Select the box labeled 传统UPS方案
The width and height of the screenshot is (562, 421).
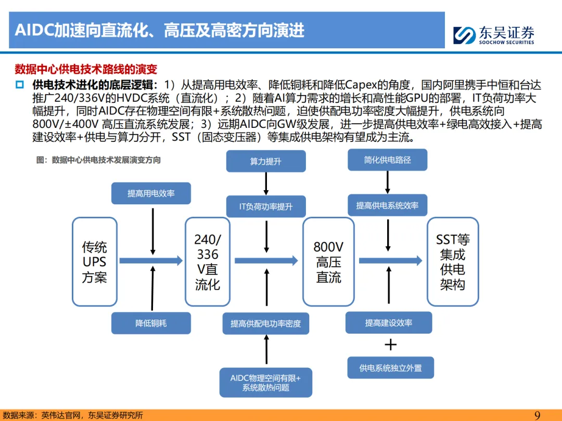tap(94, 261)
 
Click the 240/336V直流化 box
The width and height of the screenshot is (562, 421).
tap(207, 261)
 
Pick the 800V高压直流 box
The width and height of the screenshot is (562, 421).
tap(328, 261)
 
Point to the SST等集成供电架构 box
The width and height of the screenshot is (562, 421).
tap(452, 261)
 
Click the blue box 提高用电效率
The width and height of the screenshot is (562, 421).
tap(151, 193)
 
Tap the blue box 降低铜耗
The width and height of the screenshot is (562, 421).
tap(151, 323)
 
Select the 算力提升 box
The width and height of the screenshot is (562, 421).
tap(265, 161)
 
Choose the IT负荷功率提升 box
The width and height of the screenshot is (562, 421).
tap(266, 206)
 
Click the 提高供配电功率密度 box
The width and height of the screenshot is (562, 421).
tap(266, 323)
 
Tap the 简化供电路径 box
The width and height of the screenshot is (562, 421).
tap(387, 160)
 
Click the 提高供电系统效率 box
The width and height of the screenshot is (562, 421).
tap(387, 205)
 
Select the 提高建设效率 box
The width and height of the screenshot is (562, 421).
tap(389, 323)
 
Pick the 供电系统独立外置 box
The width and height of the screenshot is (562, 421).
tap(390, 368)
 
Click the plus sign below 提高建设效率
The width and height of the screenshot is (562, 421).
tap(390, 345)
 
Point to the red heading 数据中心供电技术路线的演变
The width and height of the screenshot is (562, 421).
tap(86, 69)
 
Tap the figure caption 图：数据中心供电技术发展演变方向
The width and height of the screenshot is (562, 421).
tap(98, 160)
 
